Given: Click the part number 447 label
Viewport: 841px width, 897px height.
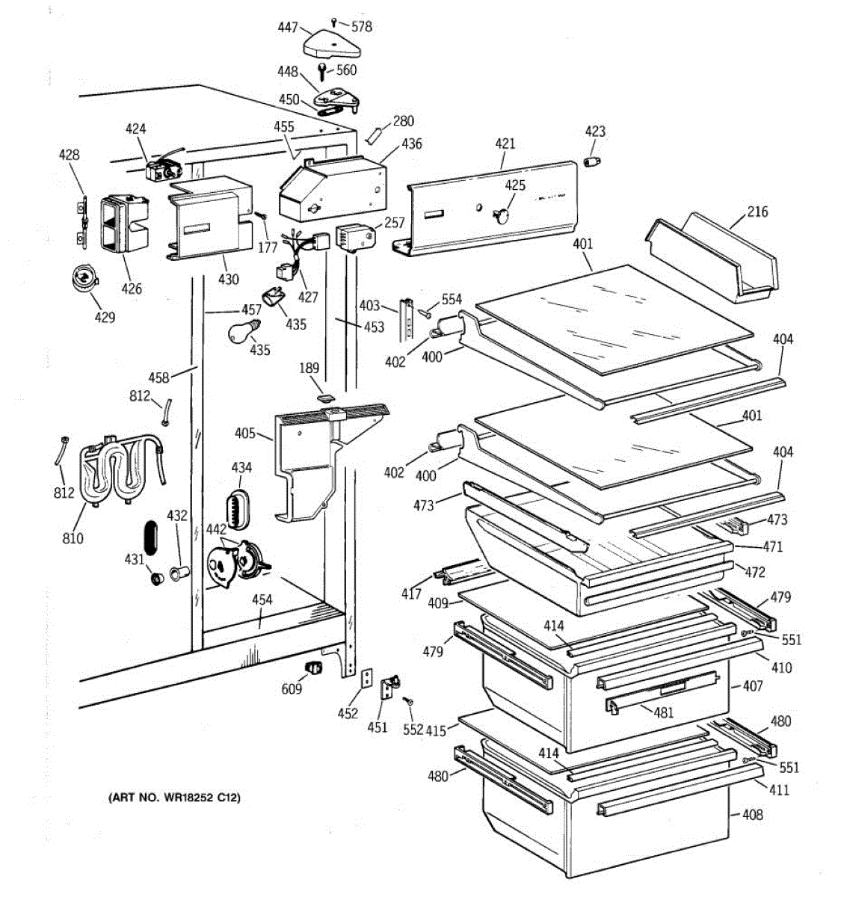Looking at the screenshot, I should (288, 28).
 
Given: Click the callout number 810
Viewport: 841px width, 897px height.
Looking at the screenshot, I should (73, 537).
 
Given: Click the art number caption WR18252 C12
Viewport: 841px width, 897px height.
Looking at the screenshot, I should (174, 798).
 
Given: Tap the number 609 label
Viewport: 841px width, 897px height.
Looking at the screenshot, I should (292, 688).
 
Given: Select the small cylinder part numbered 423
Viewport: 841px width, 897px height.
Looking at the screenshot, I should (592, 161).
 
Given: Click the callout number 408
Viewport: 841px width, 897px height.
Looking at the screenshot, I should (753, 814).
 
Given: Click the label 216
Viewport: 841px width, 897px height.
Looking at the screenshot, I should (757, 212).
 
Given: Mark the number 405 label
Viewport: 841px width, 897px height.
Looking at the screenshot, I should (244, 433).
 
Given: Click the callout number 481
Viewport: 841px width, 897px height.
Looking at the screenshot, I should (664, 712).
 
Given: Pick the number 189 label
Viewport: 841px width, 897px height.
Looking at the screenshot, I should (309, 368).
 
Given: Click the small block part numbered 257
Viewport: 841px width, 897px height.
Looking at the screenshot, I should (352, 237).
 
